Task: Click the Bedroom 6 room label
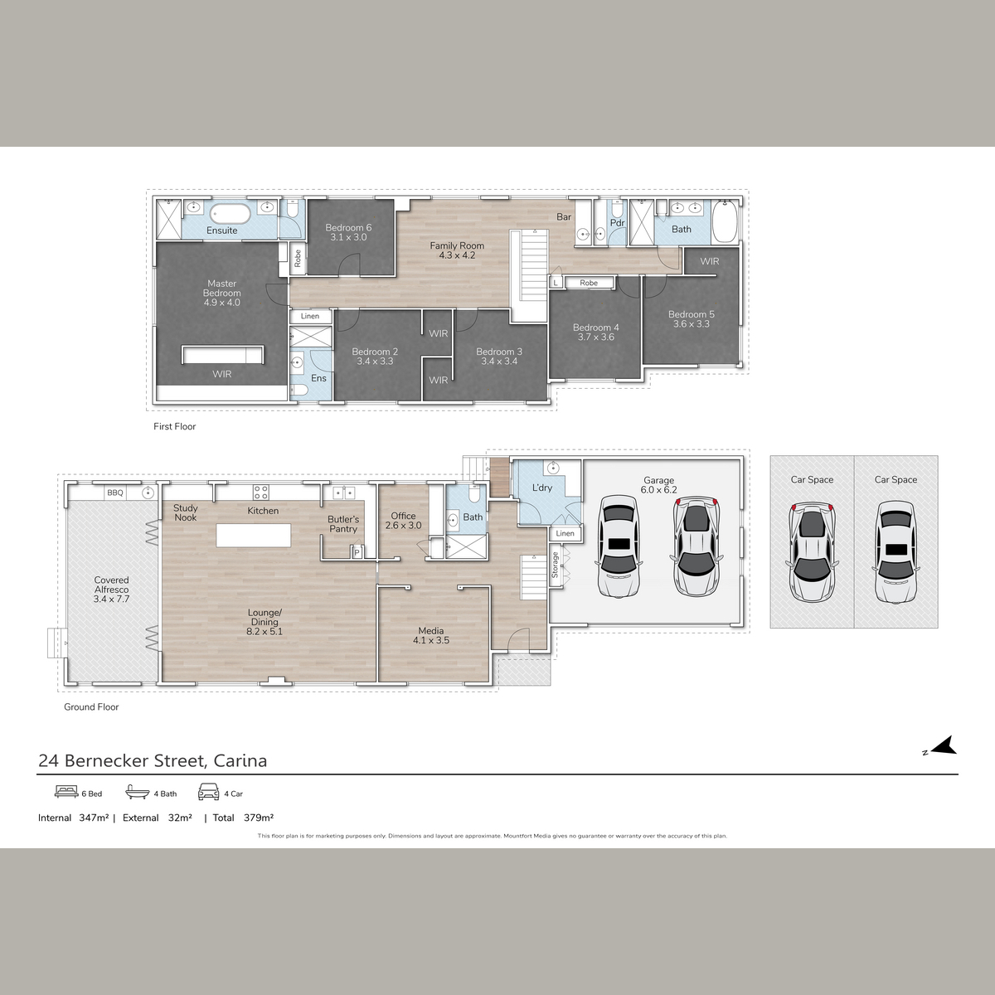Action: click(x=348, y=232)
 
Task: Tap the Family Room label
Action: click(x=457, y=250)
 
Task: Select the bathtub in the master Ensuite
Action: click(x=231, y=214)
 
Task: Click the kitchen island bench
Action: click(x=254, y=535)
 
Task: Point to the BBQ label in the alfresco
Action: click(x=115, y=493)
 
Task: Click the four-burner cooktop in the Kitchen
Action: click(x=260, y=492)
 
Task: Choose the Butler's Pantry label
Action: click(x=343, y=524)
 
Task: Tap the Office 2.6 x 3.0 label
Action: click(x=403, y=521)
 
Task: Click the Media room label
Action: click(x=431, y=636)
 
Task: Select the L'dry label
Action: click(x=542, y=488)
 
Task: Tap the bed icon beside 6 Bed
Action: click(x=66, y=792)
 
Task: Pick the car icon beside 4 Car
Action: click(x=209, y=792)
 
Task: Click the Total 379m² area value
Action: click(x=259, y=818)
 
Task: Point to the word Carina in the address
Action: click(x=240, y=760)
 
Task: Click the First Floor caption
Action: click(x=174, y=426)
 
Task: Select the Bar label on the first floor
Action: click(x=564, y=217)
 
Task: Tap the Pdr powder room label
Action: click(x=618, y=223)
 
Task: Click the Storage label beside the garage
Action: click(x=556, y=565)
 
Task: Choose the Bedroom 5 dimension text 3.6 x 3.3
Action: click(x=692, y=323)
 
